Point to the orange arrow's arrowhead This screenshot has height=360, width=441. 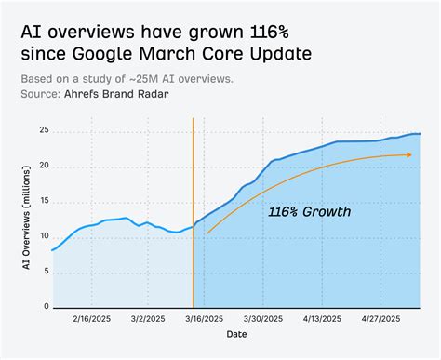coord(408,154)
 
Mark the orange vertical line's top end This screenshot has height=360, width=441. coord(193,119)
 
